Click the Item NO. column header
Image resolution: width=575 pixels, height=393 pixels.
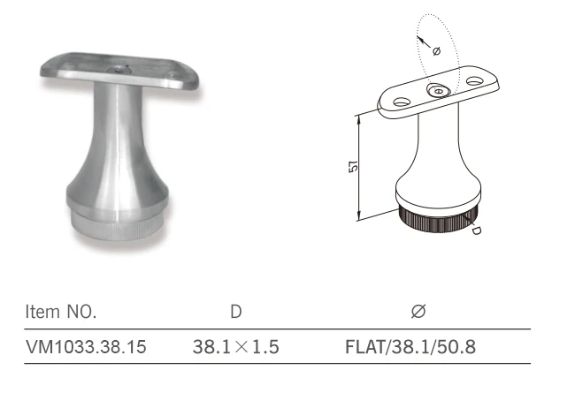(61, 312)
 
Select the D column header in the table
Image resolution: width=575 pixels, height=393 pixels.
(236, 312)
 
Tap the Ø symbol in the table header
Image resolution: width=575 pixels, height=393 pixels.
(418, 312)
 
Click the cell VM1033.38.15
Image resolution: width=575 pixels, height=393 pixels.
(86, 346)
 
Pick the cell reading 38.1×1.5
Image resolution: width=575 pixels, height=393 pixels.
(236, 346)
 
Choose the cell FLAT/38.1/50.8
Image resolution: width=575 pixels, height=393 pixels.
(410, 346)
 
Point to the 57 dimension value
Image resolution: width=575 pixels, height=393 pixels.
(353, 167)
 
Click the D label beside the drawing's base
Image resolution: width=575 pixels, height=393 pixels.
(476, 230)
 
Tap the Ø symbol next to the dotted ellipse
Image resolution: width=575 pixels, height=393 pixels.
(436, 51)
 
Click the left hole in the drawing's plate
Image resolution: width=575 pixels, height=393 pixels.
(402, 102)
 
